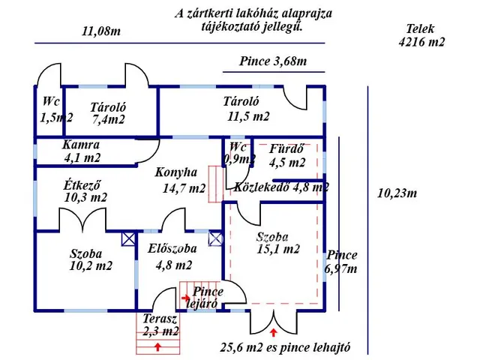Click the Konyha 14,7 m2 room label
point(180,180)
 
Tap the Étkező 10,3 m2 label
point(85,190)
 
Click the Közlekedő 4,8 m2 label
point(281,187)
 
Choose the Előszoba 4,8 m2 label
point(172,256)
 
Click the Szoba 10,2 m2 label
point(91,259)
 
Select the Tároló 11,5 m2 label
point(241,109)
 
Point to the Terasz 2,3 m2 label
point(160,324)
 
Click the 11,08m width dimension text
point(101,31)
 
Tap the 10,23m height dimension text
point(396,193)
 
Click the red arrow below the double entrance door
point(273,331)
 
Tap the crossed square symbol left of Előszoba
point(128,239)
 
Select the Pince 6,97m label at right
point(341,262)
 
